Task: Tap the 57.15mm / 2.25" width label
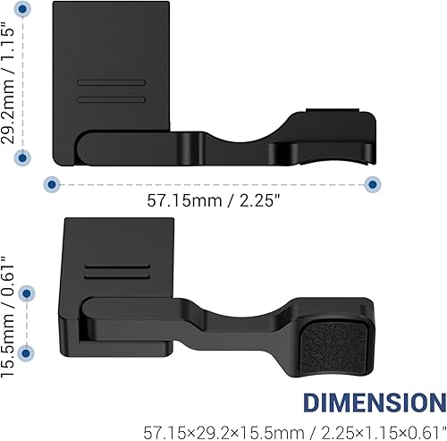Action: [210, 201]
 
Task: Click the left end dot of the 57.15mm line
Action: [52, 183]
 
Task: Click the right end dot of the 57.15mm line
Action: [372, 183]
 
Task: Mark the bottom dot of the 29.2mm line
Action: [24, 157]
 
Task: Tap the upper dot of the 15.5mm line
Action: [28, 293]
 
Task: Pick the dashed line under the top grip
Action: [212, 183]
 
